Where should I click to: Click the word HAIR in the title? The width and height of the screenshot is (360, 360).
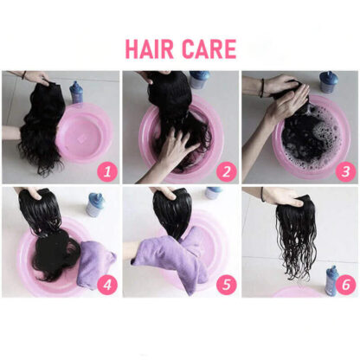pyautogui.click(x=149, y=49)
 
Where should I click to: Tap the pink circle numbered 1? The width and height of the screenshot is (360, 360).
pyautogui.click(x=107, y=172)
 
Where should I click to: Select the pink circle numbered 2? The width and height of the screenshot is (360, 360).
pyautogui.click(x=227, y=172)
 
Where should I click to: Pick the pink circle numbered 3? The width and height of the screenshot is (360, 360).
pyautogui.click(x=345, y=172)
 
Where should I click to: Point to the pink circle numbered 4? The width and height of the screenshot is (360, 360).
pyautogui.click(x=107, y=285)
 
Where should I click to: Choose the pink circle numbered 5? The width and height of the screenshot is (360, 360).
pyautogui.click(x=227, y=285)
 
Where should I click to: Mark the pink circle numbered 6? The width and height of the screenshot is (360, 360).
pyautogui.click(x=345, y=285)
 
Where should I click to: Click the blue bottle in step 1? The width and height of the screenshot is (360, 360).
pyautogui.click(x=76, y=93)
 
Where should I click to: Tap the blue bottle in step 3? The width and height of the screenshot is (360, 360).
pyautogui.click(x=328, y=82)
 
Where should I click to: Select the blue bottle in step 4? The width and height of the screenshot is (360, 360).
pyautogui.click(x=94, y=205)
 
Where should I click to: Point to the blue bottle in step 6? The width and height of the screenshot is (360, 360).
pyautogui.click(x=331, y=281)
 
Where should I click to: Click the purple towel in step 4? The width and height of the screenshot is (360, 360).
pyautogui.click(x=97, y=262)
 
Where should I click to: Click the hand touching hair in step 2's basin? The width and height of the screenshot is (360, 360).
pyautogui.click(x=177, y=148)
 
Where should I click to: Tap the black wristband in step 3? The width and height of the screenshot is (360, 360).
pyautogui.click(x=262, y=87)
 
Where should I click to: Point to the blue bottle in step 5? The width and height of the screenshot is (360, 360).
pyautogui.click(x=214, y=193)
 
